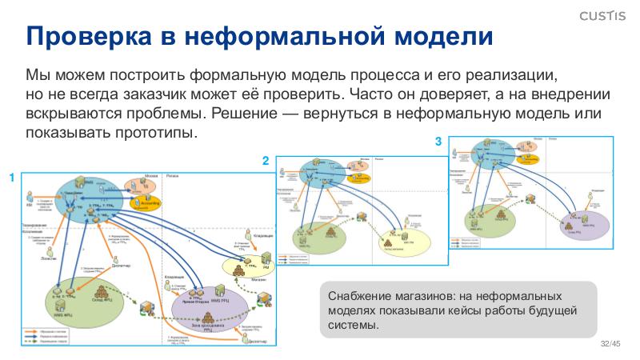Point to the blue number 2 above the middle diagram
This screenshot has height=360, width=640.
click(x=266, y=161)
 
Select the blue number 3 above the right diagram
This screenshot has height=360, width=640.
click(x=438, y=142)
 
